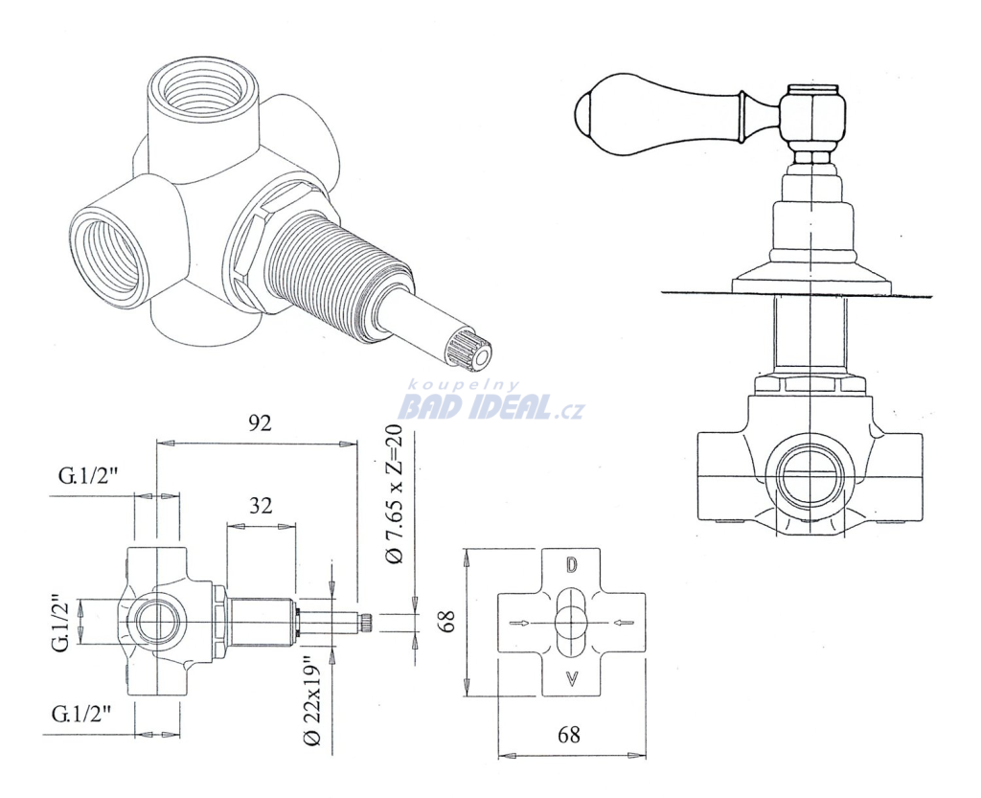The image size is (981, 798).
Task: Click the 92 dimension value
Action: pyautogui.click(x=260, y=423)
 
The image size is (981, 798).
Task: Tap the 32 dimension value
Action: pyautogui.click(x=261, y=505)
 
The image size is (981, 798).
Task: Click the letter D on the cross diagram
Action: pyautogui.click(x=571, y=565)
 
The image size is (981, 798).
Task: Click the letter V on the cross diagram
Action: pyautogui.click(x=571, y=677)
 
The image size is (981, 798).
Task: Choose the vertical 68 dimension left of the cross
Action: pyautogui.click(x=446, y=622)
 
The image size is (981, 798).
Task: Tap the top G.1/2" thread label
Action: pyautogui.click(x=88, y=476)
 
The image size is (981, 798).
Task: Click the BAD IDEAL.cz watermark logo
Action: pyautogui.click(x=491, y=408)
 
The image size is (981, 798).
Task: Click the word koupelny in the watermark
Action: pyautogui.click(x=464, y=386)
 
